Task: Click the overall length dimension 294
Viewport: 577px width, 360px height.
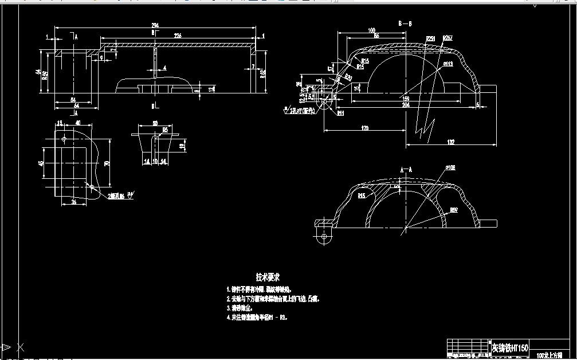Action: coord(155,25)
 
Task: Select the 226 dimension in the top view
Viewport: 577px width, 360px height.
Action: coord(178,36)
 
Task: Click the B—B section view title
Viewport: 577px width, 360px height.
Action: coord(405,24)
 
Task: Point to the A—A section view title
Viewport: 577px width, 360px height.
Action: coord(405,170)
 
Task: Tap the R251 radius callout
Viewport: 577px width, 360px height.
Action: coord(430,38)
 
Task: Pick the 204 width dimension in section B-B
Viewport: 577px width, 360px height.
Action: coord(406,105)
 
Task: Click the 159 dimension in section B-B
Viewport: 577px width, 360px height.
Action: coord(406,99)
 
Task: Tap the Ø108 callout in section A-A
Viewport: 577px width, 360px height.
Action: coord(450,167)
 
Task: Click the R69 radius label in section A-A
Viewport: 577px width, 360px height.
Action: coord(453,210)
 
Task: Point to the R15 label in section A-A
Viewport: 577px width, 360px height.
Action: coord(362,196)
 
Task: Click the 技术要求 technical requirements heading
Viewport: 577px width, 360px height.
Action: coord(268,277)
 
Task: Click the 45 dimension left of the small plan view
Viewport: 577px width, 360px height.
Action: coord(41,163)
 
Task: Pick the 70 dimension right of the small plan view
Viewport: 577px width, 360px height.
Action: coord(107,163)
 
